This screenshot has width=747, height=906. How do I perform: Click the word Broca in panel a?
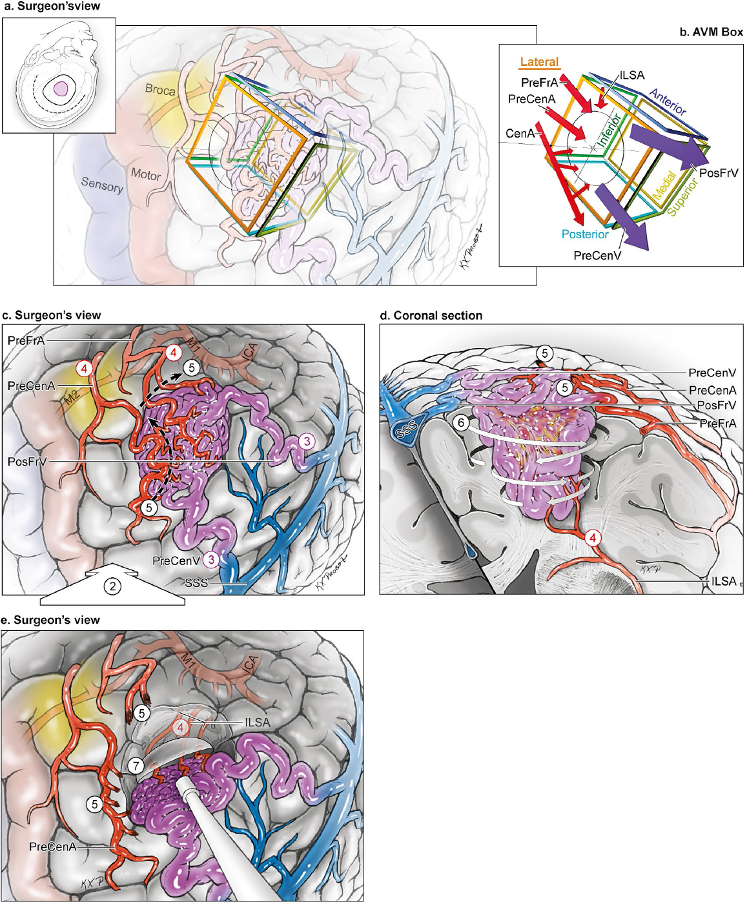tap(159, 90)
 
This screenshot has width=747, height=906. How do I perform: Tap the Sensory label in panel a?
tap(102, 185)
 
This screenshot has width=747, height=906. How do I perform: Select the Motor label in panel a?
tap(146, 174)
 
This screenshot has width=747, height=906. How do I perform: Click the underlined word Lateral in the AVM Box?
tap(539, 62)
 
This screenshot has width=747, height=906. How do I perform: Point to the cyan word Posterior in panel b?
tap(585, 234)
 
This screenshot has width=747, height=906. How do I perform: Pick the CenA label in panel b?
tap(520, 134)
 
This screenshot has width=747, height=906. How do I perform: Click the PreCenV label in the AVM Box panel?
tap(597, 256)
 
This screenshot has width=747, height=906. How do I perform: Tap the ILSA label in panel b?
tap(631, 76)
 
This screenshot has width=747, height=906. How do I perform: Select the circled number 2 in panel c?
tap(113, 586)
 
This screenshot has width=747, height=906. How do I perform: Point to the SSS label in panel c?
tap(196, 582)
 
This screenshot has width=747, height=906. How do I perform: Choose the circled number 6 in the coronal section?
tap(461, 423)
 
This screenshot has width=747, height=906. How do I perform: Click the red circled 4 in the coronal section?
tap(593, 537)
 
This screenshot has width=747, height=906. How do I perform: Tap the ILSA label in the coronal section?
tap(723, 581)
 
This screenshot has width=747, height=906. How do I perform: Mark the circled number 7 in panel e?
tap(135, 766)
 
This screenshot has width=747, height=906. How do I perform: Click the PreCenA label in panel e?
tap(52, 847)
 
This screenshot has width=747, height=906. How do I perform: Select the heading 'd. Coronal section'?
tap(431, 316)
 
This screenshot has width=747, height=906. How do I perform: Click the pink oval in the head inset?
tap(61, 89)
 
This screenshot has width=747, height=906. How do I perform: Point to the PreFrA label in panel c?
tap(26, 340)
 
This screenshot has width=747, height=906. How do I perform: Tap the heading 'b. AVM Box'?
tap(711, 32)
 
